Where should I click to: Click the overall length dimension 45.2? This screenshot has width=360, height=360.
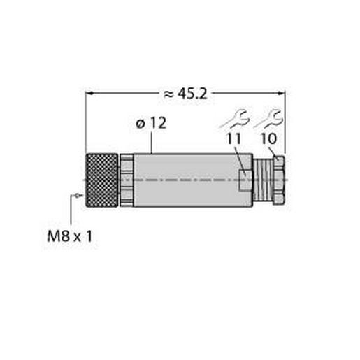click(190, 92)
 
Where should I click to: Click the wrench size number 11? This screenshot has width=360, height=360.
click(235, 139)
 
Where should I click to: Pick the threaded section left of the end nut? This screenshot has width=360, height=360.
click(263, 180)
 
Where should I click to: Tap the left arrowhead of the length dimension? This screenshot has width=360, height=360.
click(89, 92)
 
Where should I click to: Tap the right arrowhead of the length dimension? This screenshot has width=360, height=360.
click(282, 92)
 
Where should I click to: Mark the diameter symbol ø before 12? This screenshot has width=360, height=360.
click(139, 124)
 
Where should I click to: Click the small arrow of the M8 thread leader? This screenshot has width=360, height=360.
click(76, 194)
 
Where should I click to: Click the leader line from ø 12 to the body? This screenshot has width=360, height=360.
click(152, 143)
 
